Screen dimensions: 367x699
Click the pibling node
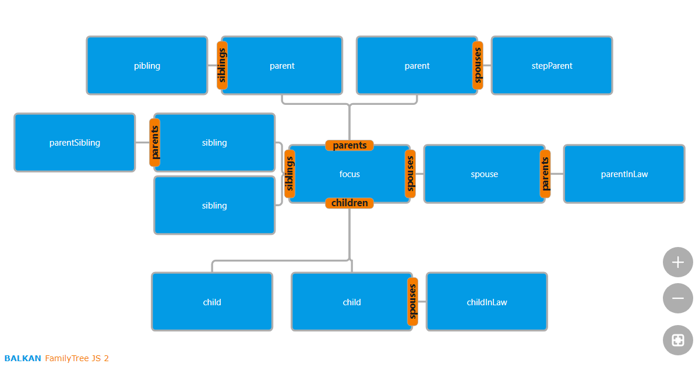click(x=147, y=66)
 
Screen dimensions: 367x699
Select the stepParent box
click(x=552, y=66)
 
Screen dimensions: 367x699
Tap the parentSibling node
click(x=75, y=143)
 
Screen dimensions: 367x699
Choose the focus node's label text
click(x=349, y=174)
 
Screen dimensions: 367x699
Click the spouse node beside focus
click(x=484, y=174)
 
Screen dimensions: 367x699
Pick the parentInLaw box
click(x=624, y=174)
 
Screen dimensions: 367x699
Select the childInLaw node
click(x=486, y=302)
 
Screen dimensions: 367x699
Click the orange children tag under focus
click(x=349, y=203)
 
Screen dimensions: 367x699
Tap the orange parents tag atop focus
click(x=349, y=146)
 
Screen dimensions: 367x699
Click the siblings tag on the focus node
click(x=290, y=174)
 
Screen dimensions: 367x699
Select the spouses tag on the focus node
click(x=410, y=174)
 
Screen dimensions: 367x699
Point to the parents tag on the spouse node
click(x=545, y=174)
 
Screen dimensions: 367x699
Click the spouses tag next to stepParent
click(x=478, y=65)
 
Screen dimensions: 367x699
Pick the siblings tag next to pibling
click(x=222, y=65)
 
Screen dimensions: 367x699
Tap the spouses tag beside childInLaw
click(x=412, y=302)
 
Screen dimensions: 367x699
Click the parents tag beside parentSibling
click(x=154, y=142)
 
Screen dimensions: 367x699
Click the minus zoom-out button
click(x=677, y=298)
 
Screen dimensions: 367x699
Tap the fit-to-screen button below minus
click(x=677, y=340)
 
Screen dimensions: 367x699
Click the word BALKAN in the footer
click(x=23, y=358)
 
